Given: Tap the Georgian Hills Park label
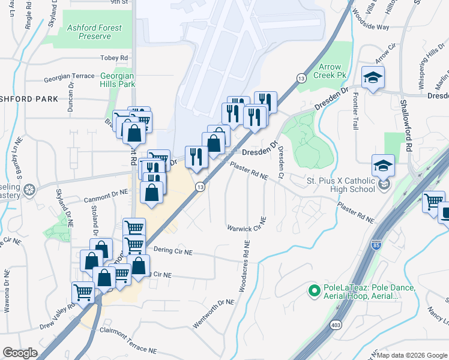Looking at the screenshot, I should coord(118,80).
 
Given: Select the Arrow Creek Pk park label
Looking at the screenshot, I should coord(334,71).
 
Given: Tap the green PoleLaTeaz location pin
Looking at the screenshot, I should coord(313,292).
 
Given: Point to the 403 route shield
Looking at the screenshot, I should coord(336,325).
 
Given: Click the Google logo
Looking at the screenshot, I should coord(20,353).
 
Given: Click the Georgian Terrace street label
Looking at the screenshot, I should coord(69,76).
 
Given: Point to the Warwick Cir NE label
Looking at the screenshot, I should coord(246,228).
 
